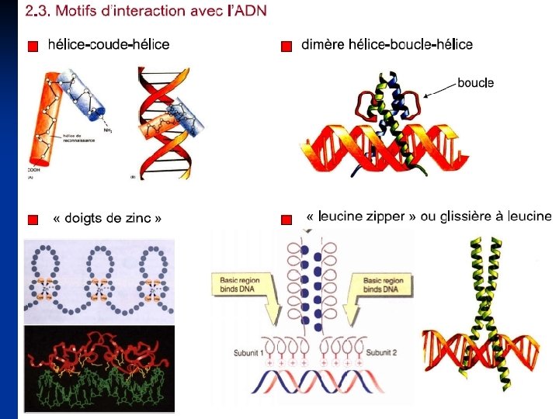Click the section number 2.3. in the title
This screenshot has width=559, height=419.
(37, 11)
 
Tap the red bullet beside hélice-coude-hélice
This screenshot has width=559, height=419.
(32, 47)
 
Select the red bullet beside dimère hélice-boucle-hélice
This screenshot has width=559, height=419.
(286, 47)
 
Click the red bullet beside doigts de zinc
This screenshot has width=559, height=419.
(32, 220)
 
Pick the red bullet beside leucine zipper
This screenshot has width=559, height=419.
(286, 220)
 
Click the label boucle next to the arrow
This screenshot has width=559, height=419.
(475, 82)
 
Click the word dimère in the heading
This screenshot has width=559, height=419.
(323, 45)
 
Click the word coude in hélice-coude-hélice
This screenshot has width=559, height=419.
(109, 45)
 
